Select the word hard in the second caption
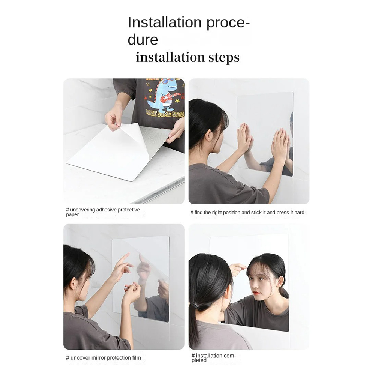click(299, 213)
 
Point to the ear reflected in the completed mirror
click(280, 280)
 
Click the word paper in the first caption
click(72, 215)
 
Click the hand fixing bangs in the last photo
click(237, 267)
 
